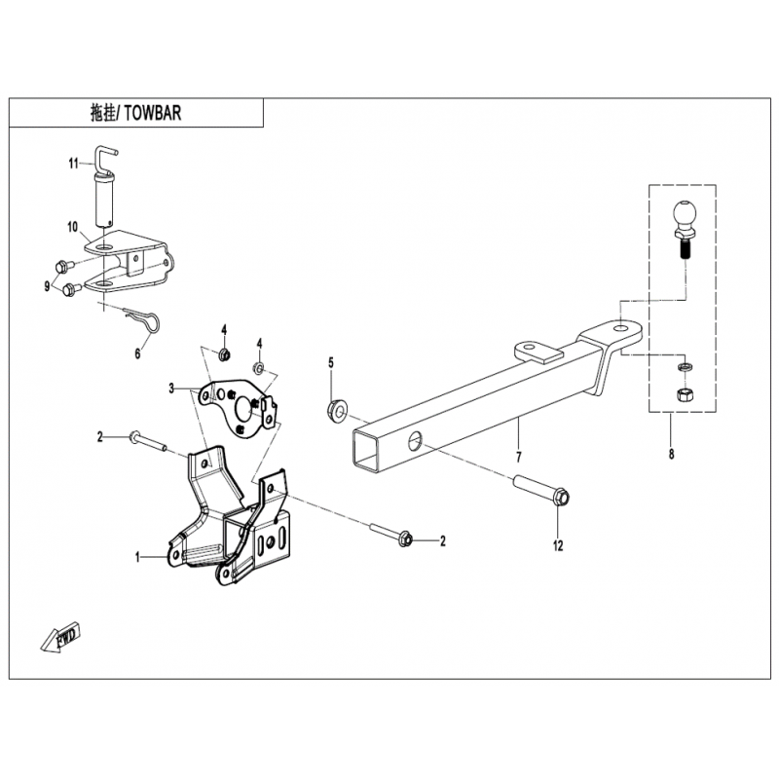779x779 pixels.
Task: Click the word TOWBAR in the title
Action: (x=155, y=113)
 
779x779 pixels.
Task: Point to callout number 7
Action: (x=518, y=456)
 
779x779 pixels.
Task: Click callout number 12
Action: (x=558, y=546)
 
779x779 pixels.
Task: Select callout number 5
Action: (x=330, y=363)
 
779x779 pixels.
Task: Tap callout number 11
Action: (x=72, y=164)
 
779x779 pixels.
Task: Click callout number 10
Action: (x=72, y=227)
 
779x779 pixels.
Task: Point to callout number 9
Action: (x=46, y=284)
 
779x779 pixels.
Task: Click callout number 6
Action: (x=137, y=353)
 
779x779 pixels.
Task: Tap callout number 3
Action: (x=170, y=388)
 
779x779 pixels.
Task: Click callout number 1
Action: (x=138, y=557)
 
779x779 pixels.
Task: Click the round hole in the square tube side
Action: (x=417, y=440)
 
